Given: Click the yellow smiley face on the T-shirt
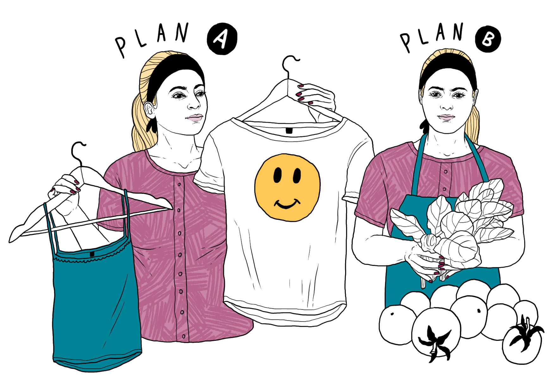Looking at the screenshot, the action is point(287,187).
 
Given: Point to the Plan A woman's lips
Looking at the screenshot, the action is point(194,118).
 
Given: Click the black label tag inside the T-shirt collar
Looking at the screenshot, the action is point(289,130).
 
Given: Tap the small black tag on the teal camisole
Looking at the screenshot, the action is point(92,254).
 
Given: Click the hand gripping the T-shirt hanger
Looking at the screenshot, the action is point(313,98).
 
